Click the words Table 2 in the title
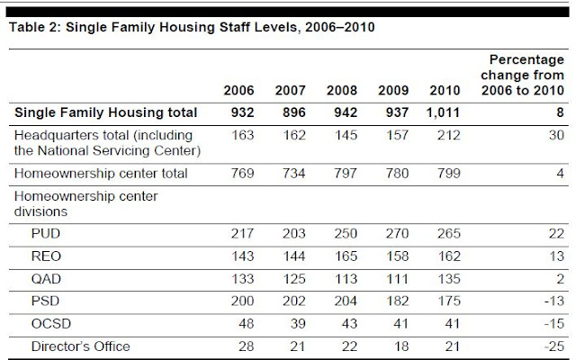tap(32, 26)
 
